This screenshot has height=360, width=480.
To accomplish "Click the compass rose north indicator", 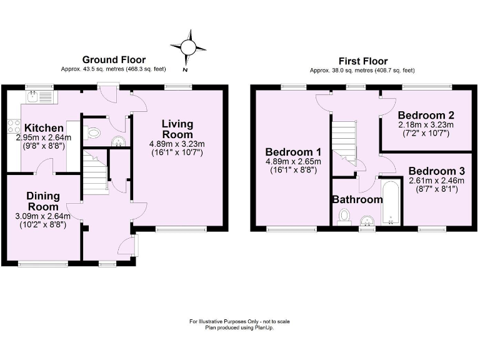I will click(x=187, y=47).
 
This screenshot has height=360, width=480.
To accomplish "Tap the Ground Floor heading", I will click(x=114, y=60).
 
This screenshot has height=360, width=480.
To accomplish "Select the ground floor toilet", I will click(x=94, y=132).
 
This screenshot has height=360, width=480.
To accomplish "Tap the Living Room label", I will click(x=177, y=129).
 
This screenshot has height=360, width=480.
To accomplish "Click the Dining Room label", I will click(x=42, y=201).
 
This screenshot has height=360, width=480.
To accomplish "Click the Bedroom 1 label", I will click(x=293, y=152).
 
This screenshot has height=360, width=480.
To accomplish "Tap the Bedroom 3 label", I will click(x=432, y=171).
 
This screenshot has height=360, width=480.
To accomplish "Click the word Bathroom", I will click(x=357, y=200).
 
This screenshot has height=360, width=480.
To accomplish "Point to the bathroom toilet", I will click(x=343, y=216).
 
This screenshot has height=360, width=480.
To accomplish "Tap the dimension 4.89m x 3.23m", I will click(x=177, y=144).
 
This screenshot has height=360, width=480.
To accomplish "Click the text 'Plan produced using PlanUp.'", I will click(x=240, y=327).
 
